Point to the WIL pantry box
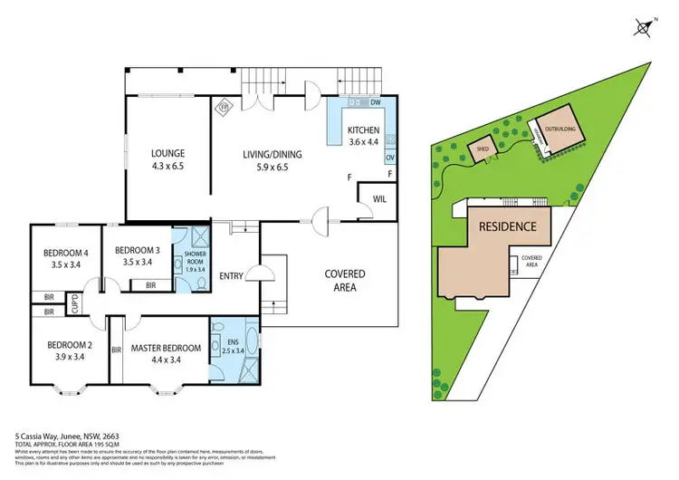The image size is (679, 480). click(x=378, y=199)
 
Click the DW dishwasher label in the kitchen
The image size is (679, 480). click(x=375, y=103)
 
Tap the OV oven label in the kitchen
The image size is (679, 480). click(x=390, y=156)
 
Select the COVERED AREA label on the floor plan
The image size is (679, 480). click(x=344, y=280)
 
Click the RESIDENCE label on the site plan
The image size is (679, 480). click(x=508, y=226)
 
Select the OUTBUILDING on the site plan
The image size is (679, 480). click(x=557, y=132)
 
